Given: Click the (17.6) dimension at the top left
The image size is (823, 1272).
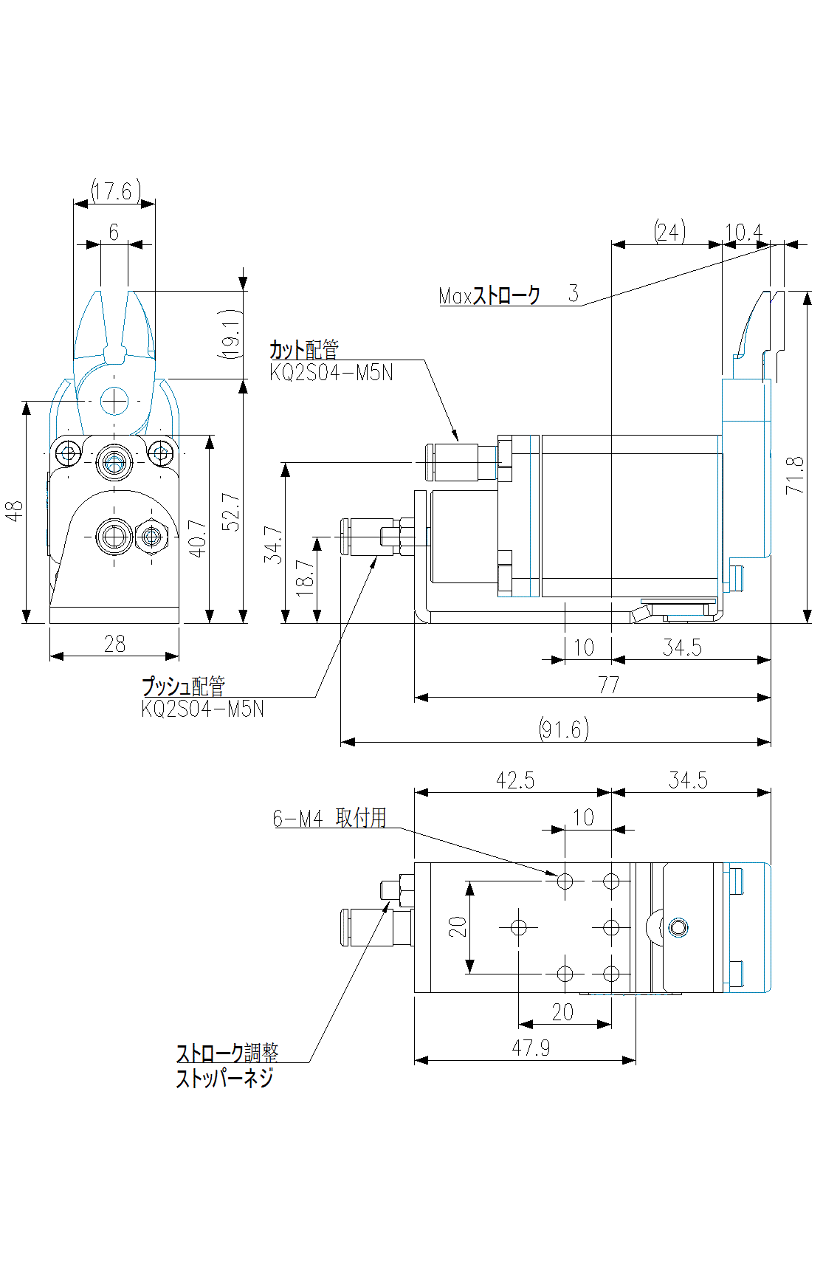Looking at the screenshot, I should (115, 191).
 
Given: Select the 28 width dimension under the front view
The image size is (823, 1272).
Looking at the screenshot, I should (114, 644).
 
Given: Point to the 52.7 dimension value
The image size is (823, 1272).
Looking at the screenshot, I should (231, 512).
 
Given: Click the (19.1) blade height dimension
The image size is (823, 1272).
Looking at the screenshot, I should (231, 334).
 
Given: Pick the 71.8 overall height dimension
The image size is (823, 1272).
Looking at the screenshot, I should (795, 475).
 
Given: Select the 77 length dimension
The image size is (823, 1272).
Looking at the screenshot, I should (608, 685).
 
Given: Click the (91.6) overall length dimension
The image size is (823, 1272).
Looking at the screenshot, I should (564, 729).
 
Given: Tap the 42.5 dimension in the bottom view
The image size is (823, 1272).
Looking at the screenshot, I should (514, 780).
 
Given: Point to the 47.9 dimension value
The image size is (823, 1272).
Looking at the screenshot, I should (531, 1048).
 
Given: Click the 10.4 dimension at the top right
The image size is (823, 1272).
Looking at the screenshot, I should (743, 233).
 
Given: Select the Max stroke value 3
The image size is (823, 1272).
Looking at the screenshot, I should (574, 293).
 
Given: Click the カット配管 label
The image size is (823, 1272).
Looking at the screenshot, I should (303, 349).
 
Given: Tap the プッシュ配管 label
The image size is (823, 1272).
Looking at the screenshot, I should (183, 686).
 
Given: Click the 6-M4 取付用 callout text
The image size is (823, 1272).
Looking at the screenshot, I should (329, 818).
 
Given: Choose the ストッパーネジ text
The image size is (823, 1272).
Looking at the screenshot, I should (224, 1078).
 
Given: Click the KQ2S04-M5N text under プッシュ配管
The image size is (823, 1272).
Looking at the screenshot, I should (202, 709).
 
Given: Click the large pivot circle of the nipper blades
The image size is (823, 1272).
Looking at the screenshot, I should (114, 401).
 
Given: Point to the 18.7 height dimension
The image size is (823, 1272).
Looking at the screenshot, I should (304, 577).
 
